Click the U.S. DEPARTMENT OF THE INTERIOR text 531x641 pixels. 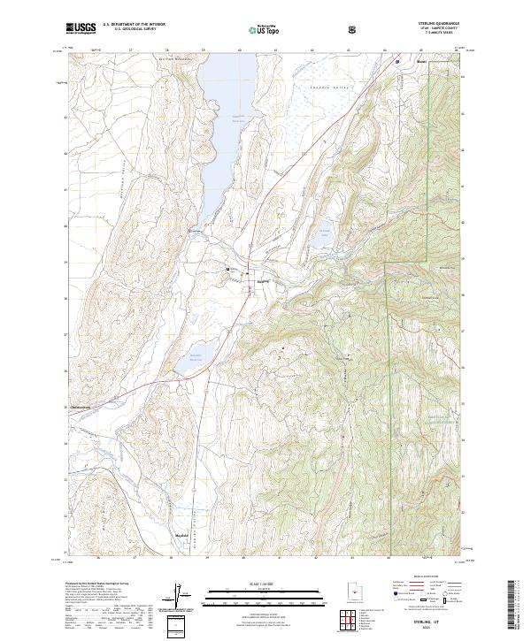tap(133, 25)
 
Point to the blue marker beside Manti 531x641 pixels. tap(397, 61)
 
